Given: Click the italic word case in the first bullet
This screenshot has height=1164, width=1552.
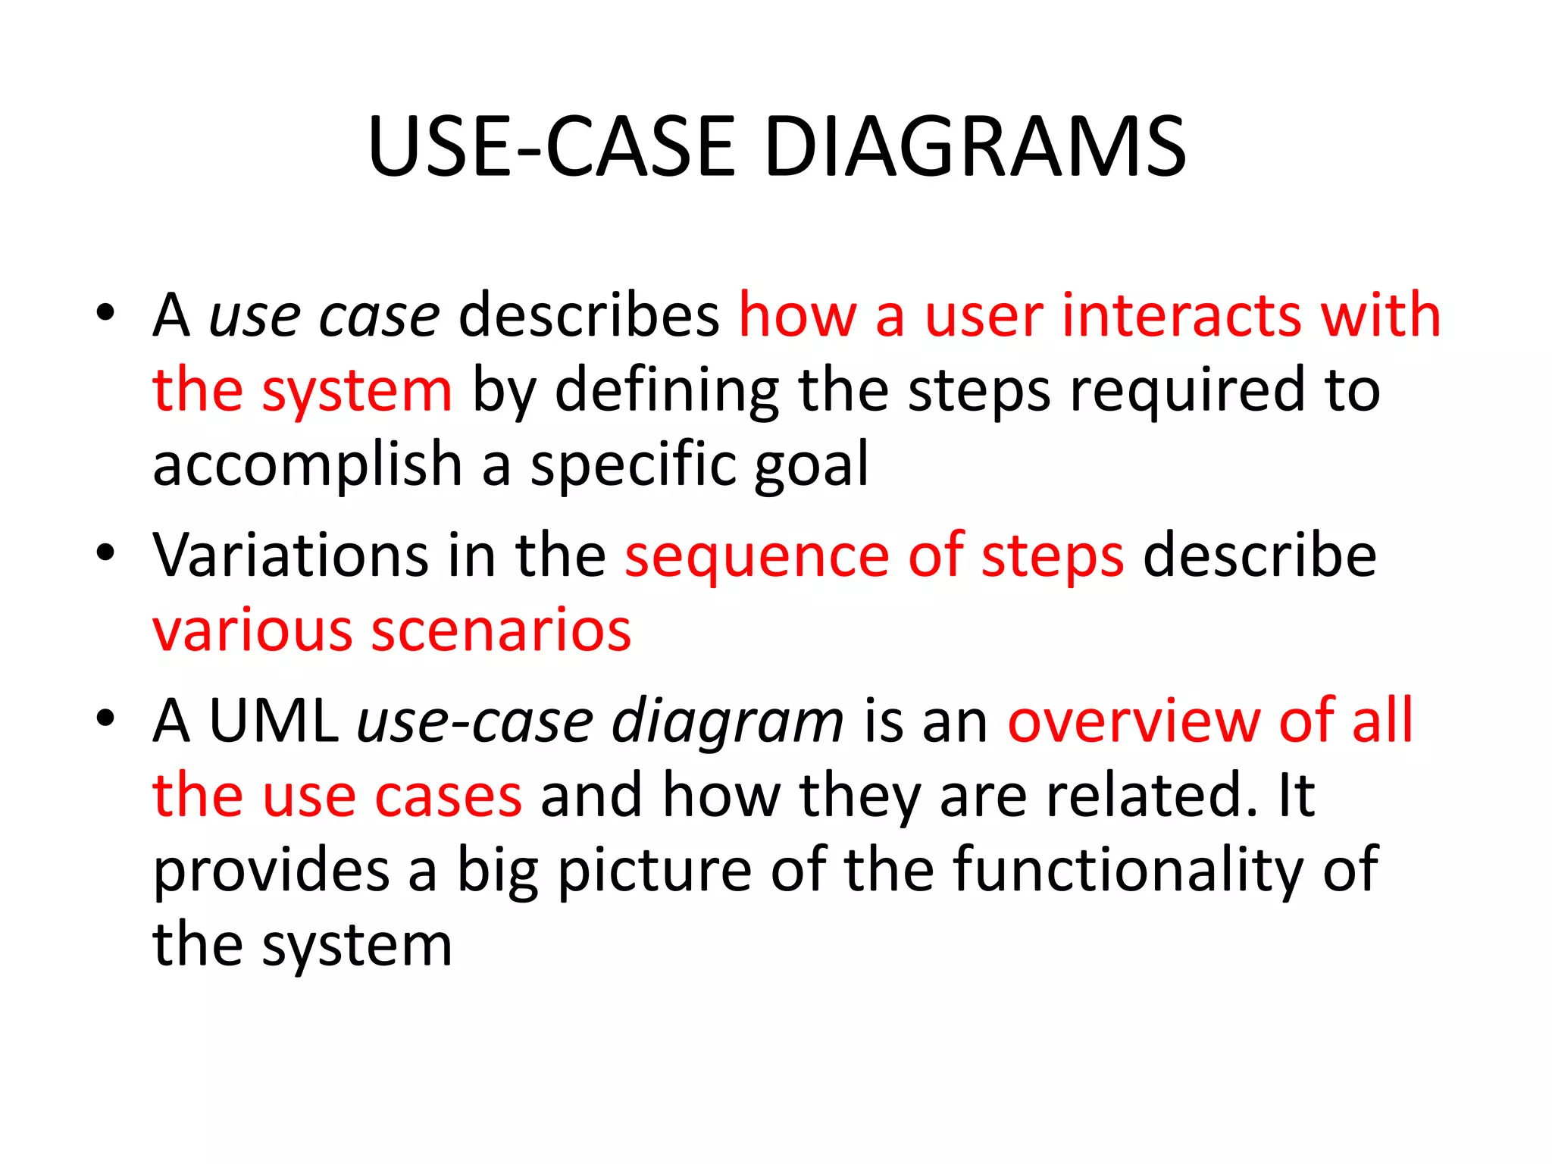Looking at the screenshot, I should tap(379, 317).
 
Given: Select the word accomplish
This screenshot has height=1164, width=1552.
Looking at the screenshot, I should tap(307, 464).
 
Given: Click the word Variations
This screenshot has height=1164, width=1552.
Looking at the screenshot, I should tap(290, 555).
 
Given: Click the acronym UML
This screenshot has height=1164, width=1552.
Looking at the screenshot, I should tap(274, 720).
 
